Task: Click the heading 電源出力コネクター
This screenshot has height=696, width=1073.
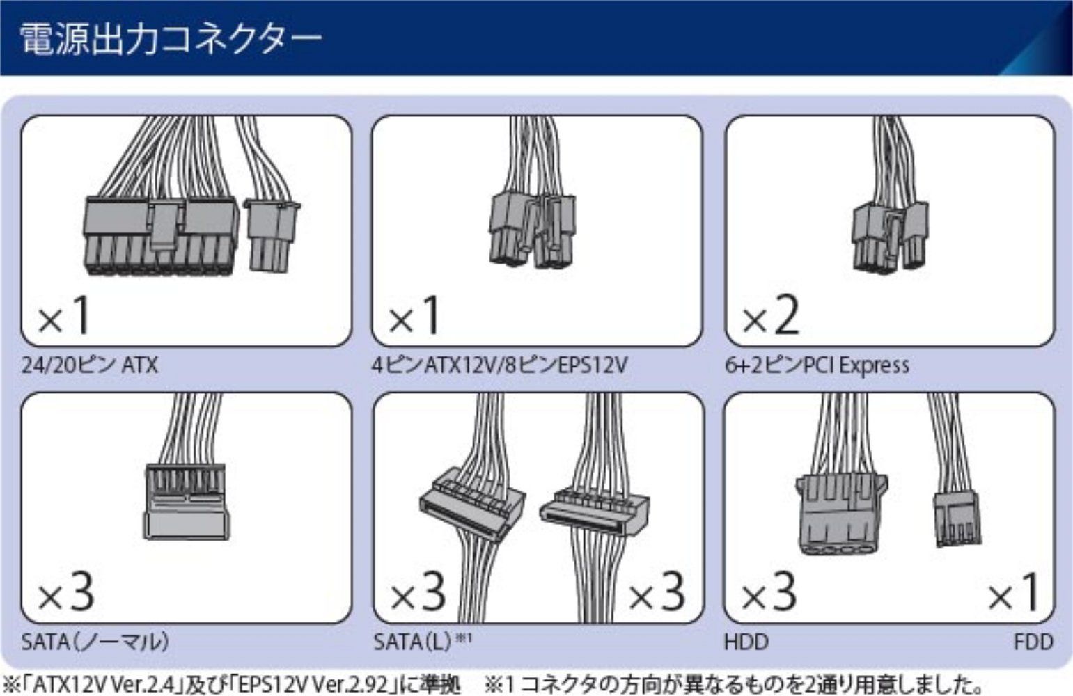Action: (x=170, y=39)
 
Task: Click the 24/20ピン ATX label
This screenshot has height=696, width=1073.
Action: (x=90, y=365)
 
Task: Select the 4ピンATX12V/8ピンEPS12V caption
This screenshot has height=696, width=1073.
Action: (x=500, y=365)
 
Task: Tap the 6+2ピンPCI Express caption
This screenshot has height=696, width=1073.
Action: (x=817, y=365)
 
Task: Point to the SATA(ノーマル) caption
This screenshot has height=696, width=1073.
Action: (x=95, y=642)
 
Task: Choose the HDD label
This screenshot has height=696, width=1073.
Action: (x=746, y=642)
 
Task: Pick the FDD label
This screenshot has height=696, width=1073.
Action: (x=1034, y=642)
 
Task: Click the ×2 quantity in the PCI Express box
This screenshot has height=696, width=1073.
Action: (x=771, y=315)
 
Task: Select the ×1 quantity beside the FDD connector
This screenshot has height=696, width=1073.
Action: (x=1014, y=592)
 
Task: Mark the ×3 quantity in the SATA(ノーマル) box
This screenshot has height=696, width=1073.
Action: (x=66, y=592)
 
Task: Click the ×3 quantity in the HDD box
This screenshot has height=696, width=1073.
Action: (x=769, y=592)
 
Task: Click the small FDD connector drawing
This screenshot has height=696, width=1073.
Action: (x=957, y=520)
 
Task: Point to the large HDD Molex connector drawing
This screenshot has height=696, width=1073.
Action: (x=841, y=514)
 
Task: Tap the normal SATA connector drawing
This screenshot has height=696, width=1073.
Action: (x=186, y=502)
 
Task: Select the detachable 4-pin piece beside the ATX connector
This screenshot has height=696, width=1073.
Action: (x=272, y=236)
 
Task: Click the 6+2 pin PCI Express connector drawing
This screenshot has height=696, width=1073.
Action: (x=890, y=237)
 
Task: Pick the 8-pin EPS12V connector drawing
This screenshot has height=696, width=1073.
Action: (x=532, y=230)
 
